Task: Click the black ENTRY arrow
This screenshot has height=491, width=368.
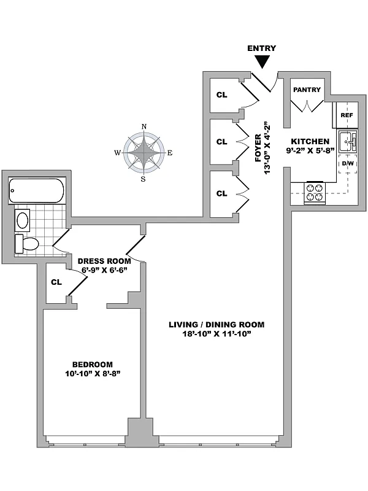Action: [x=262, y=61]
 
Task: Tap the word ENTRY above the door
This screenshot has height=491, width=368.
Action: [x=262, y=48]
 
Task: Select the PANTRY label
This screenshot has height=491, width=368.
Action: [x=307, y=90]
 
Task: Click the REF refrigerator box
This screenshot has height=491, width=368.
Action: [x=347, y=115]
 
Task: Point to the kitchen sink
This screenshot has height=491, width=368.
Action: [x=348, y=141]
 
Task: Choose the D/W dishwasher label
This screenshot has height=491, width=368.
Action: [x=347, y=163]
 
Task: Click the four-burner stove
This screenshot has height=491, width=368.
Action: [x=315, y=193]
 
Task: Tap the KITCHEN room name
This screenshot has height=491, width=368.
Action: [x=310, y=142]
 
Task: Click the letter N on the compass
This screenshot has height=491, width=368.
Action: [x=144, y=126]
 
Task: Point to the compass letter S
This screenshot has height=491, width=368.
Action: [x=144, y=179]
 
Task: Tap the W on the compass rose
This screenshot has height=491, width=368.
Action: [x=117, y=153]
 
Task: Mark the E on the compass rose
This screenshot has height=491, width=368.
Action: [x=170, y=153]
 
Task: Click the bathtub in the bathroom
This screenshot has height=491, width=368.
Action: [x=36, y=191]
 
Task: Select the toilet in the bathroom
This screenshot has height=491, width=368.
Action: [x=26, y=243]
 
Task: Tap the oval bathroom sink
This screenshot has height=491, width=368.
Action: [x=23, y=221]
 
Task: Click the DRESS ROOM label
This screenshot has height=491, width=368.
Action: [x=104, y=261]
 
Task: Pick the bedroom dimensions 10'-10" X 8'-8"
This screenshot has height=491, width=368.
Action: [x=93, y=374]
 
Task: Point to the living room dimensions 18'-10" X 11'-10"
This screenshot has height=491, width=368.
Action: [x=217, y=334]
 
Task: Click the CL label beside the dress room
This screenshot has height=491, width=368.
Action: [x=56, y=282]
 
